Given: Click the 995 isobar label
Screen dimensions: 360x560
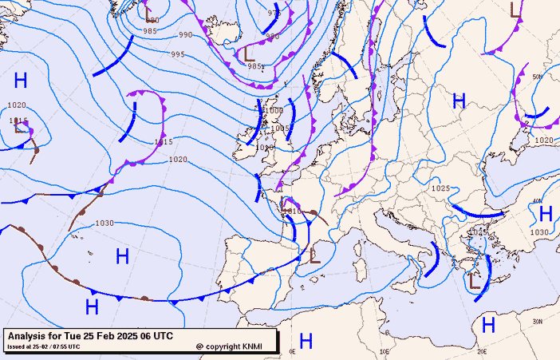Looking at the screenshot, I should click(177, 54).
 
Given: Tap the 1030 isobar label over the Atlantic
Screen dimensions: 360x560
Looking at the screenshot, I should click(104, 223).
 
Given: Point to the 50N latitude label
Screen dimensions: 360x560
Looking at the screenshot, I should click(537, 77).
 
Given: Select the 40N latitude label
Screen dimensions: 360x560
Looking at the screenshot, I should click(537, 201).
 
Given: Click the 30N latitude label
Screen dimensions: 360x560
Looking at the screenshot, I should click(537, 321).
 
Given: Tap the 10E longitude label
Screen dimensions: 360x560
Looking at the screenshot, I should click(385, 351).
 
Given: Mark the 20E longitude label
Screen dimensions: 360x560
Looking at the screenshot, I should click(482, 351).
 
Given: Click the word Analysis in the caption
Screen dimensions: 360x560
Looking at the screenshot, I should click(30, 336).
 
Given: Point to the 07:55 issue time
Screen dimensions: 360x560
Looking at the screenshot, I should click(67, 346).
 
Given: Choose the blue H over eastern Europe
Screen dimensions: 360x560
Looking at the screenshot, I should click(459, 101).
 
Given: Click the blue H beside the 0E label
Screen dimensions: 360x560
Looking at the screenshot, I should click(306, 341).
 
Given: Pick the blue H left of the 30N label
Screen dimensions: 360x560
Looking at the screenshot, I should click(488, 324).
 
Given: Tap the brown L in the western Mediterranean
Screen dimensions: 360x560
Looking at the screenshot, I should click(314, 256).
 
